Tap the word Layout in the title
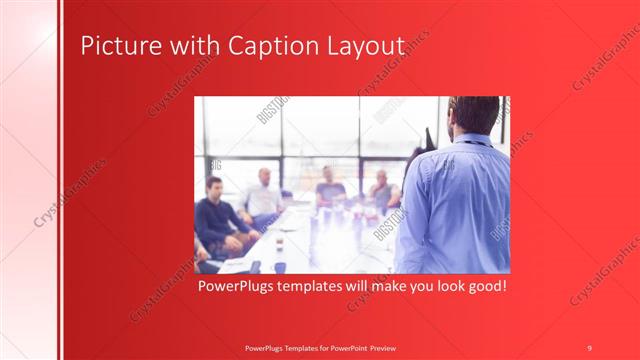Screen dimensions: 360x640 [361, 47]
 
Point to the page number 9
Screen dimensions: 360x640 [589, 347]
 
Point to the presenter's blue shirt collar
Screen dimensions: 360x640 [470, 142]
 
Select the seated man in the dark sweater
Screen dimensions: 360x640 [215, 215]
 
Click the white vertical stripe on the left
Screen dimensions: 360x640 [60, 180]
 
